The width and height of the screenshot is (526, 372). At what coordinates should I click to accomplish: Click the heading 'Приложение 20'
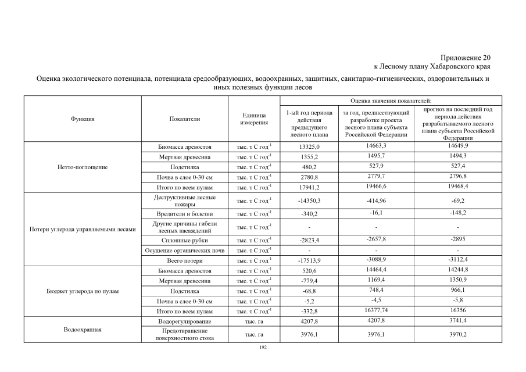point(466,58)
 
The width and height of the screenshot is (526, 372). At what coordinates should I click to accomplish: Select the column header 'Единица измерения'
point(254,119)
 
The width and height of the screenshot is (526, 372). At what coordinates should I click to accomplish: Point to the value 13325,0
point(306,147)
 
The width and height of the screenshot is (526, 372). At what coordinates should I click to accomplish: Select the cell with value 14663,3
point(377,146)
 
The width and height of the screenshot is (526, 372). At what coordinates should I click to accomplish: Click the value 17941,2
point(306,188)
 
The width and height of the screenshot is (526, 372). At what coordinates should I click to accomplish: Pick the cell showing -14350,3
point(306,201)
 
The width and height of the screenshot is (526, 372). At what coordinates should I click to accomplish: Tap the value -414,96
point(377,200)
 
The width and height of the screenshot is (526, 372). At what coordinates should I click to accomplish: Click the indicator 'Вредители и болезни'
point(185,214)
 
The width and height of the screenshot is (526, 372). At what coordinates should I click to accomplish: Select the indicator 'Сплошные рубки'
point(185,239)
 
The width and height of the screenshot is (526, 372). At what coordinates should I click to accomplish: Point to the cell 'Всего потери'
point(185,260)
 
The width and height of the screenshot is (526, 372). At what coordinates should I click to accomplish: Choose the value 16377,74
point(377,311)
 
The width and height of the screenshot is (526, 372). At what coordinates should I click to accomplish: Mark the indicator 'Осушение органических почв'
point(185,251)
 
